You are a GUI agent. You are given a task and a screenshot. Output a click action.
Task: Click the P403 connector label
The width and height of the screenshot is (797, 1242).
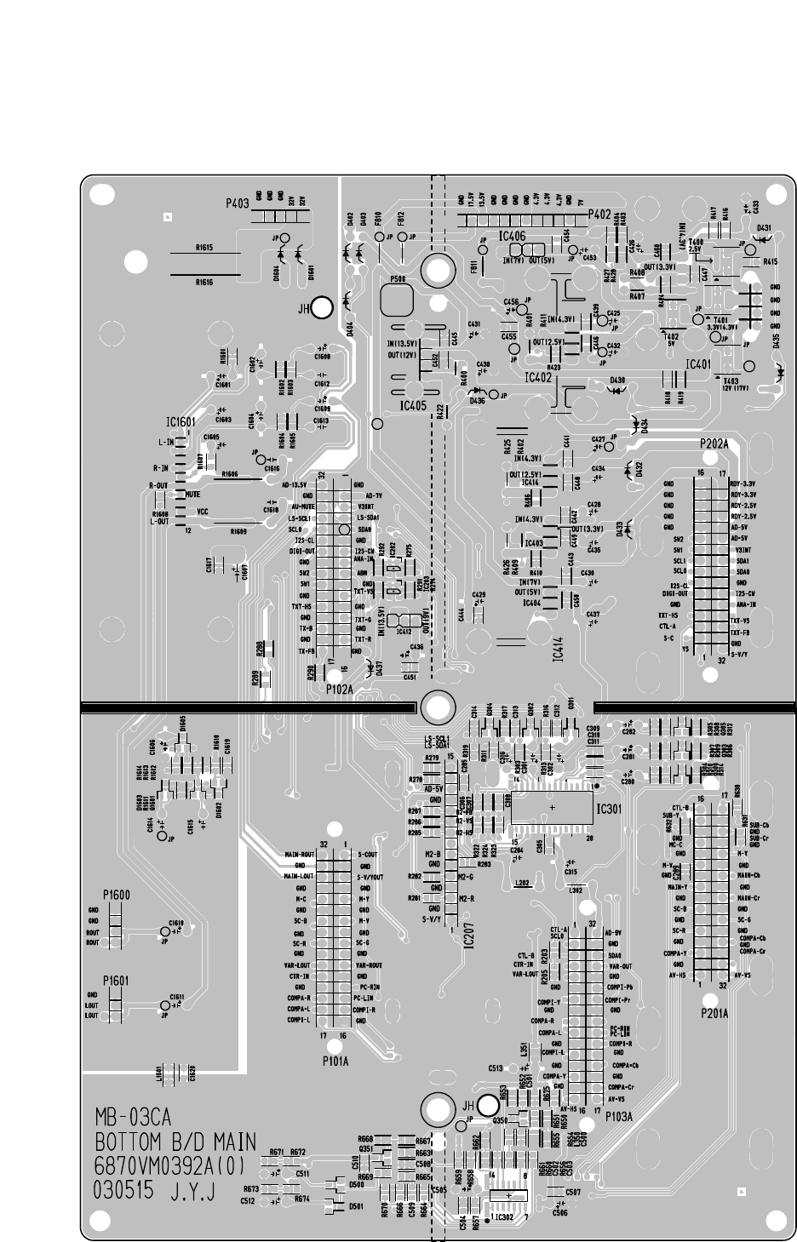pos(237,204)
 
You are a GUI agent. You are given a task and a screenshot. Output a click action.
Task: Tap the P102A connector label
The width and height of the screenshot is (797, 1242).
pos(339,690)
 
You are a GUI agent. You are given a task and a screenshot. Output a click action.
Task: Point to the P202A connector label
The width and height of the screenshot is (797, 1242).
pos(714,444)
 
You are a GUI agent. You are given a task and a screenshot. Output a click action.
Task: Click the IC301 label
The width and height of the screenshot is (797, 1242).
pos(611,808)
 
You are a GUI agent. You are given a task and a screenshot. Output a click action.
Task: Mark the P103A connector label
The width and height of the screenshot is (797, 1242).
pos(618,1117)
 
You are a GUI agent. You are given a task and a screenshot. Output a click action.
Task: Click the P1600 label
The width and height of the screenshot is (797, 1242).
pos(116,895)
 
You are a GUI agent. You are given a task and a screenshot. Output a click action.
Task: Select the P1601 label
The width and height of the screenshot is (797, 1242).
pos(116,980)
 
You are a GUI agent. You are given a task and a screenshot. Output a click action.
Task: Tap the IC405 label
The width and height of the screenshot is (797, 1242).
pos(412,406)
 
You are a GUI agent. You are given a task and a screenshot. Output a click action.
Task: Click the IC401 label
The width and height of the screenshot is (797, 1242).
pos(698,363)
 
